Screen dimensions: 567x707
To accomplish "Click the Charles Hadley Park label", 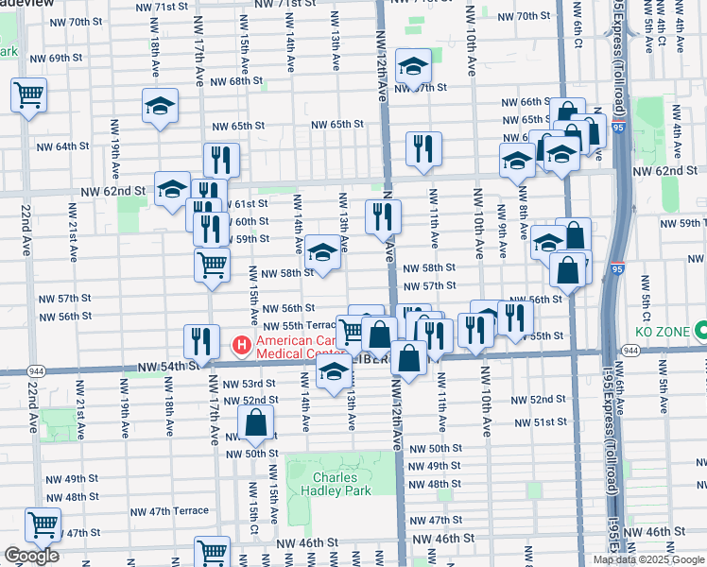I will [329, 484].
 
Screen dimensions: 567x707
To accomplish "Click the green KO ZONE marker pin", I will [701, 332].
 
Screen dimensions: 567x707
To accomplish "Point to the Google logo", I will [31, 556].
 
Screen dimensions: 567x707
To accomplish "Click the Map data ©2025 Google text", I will [649, 559].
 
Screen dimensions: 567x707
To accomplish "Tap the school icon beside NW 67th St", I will [413, 67].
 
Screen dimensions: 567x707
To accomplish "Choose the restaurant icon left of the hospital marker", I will [200, 339].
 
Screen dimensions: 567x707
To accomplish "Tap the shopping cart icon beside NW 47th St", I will [43, 524].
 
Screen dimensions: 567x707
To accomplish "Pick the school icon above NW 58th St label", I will [323, 252].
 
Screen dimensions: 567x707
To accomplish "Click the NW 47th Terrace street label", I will [166, 510].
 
